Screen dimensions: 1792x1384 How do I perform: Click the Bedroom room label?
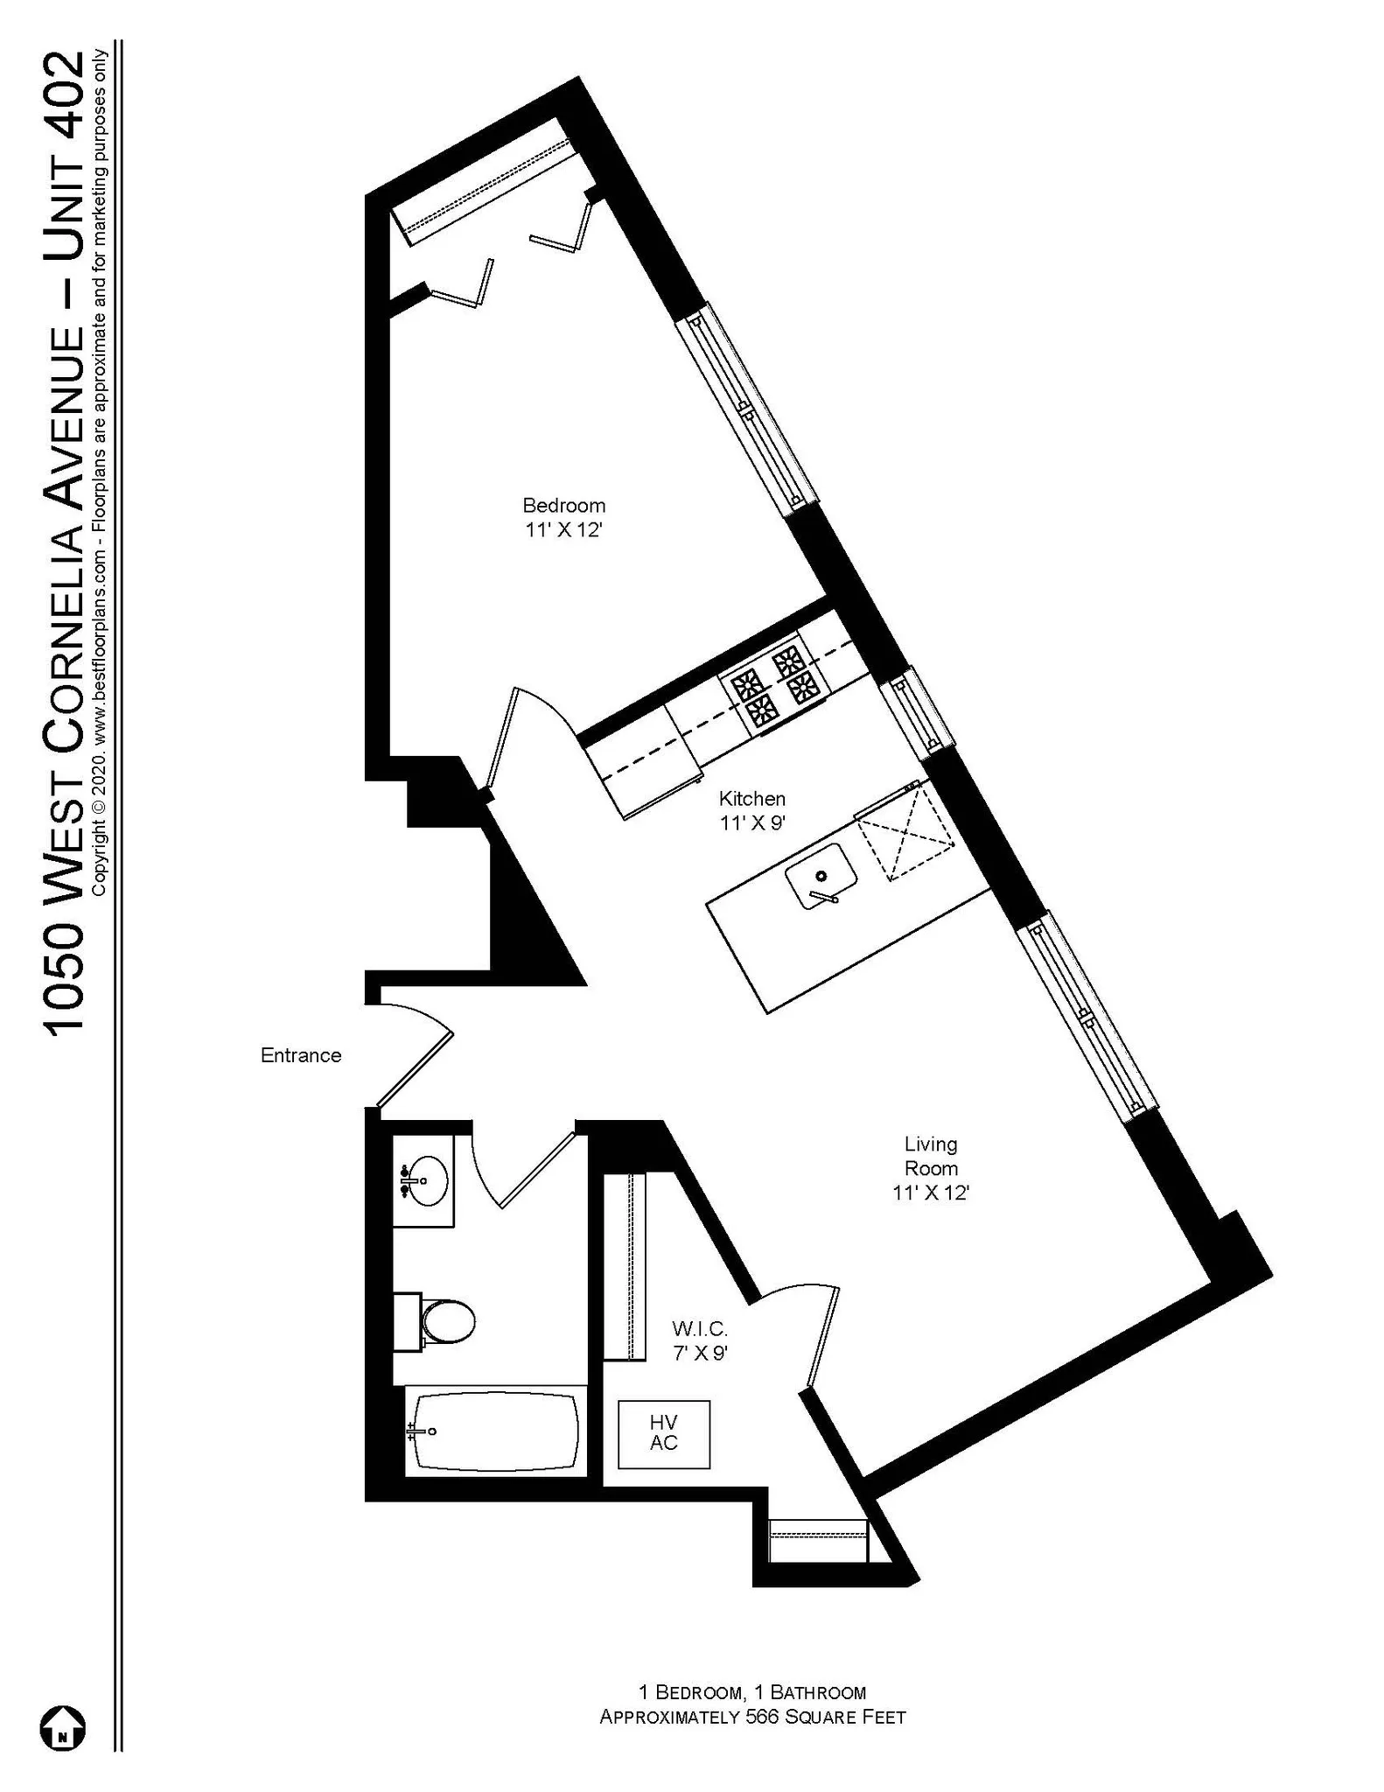563,506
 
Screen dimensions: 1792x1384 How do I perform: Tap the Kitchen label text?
751,799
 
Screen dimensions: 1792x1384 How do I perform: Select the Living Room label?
931,1156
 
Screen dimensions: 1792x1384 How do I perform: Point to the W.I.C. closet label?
700,1329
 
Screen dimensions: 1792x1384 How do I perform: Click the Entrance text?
300,1055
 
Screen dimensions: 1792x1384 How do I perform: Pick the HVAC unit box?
663,1434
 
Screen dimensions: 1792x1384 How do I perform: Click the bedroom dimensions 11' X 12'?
563,530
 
